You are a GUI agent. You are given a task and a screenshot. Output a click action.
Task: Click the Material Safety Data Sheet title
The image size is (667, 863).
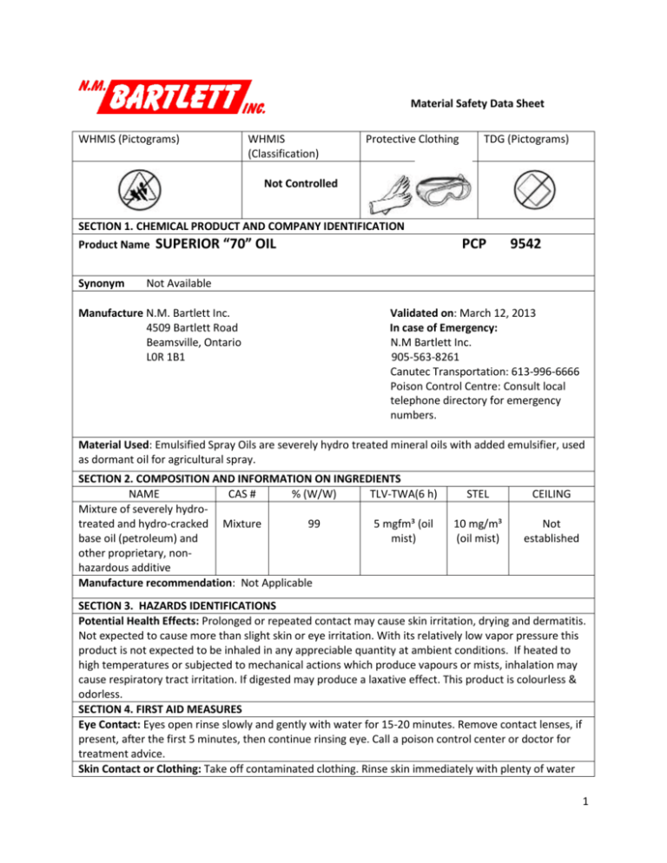tap(477, 103)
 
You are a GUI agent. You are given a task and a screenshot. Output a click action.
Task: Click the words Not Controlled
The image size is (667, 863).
tap(296, 184)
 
